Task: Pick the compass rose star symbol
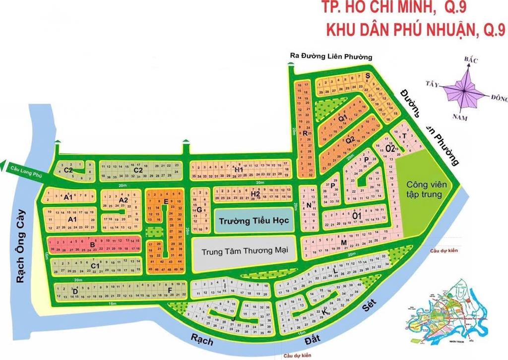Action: [464, 91]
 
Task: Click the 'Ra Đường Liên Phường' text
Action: [331, 57]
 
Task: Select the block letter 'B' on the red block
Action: [92, 244]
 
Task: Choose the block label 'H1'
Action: [239, 170]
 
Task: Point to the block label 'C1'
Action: [95, 266]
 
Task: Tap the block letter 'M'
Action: [344, 242]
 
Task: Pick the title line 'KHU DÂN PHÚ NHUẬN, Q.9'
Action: [415, 30]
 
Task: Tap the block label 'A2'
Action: [124, 200]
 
